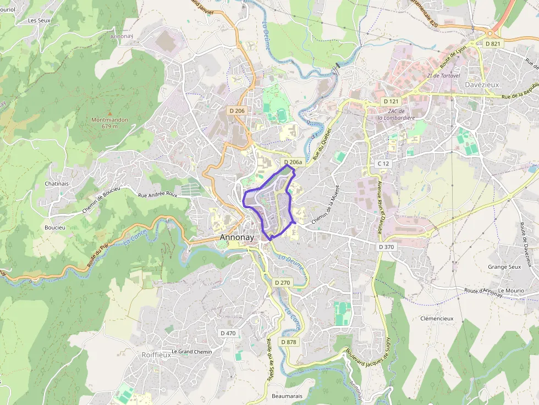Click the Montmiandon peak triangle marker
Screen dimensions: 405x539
point(109,113)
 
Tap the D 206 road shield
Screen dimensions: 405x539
point(237,111)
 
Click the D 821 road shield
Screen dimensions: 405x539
point(493,43)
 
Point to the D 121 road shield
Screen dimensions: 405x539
point(391,102)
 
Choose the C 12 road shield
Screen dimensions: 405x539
point(383,164)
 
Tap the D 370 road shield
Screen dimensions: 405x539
point(386,247)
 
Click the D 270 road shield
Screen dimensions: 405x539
point(282,282)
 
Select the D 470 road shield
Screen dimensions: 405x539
point(228,333)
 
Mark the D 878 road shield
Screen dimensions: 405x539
point(288,342)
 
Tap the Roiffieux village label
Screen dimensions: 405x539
point(156,355)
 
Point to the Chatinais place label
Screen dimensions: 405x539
point(57,184)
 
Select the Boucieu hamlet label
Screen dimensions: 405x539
point(55,227)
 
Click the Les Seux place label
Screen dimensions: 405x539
point(40,20)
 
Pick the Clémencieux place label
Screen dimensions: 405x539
point(437,318)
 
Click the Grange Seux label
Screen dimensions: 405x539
point(504,267)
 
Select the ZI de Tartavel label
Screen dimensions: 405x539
point(443,76)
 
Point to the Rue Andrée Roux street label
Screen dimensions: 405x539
point(158,195)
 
